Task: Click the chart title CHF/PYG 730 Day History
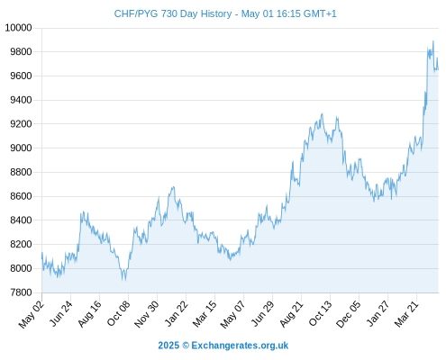(173, 13)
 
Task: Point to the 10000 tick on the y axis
(18, 28)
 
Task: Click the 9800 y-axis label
(21, 52)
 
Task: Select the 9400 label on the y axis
(21, 100)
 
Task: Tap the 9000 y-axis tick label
(21, 148)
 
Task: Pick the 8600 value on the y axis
(21, 196)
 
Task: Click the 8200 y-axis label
(21, 244)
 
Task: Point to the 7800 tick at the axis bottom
(21, 292)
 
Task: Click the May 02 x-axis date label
(32, 314)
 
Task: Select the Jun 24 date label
(60, 313)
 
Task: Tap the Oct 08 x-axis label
(118, 313)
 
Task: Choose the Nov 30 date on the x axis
(147, 314)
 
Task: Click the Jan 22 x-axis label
(177, 313)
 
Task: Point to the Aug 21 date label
(291, 314)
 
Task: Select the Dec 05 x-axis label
(349, 314)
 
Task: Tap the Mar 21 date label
(406, 314)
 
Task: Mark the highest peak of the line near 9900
(433, 40)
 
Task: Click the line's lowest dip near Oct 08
(124, 281)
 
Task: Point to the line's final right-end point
(438, 69)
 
